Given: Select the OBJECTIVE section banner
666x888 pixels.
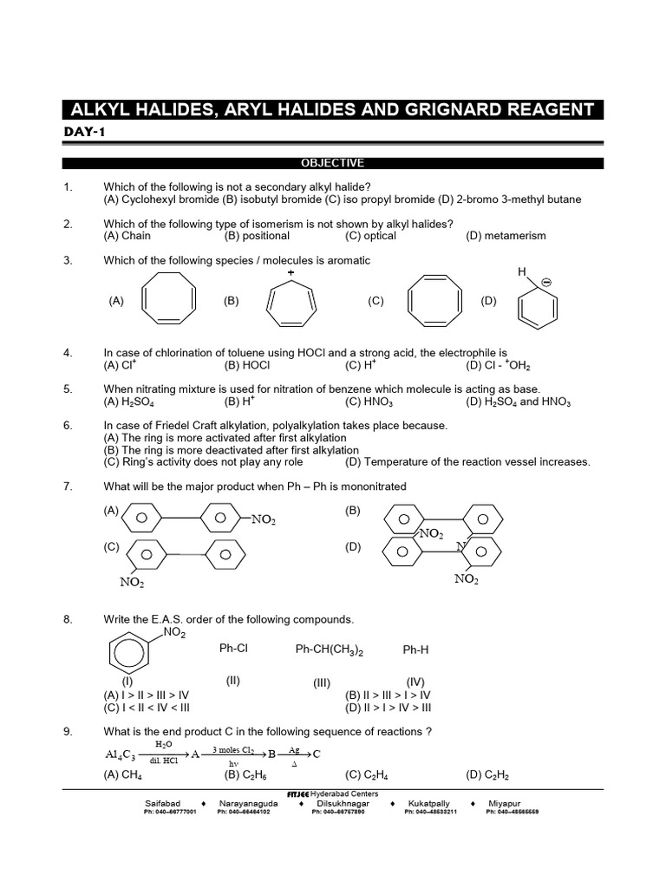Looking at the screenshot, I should (x=332, y=163).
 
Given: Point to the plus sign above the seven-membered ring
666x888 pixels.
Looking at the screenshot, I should (x=291, y=273).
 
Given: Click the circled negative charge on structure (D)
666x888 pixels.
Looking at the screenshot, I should (x=546, y=283).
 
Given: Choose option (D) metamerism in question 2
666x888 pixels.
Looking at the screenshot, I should (x=506, y=236).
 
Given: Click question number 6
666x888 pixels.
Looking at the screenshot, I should (x=68, y=426).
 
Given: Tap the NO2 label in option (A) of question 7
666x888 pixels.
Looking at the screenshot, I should (x=264, y=519).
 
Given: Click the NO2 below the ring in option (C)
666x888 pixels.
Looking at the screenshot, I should (x=132, y=583).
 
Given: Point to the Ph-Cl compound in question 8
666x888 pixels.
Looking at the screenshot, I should (x=233, y=649).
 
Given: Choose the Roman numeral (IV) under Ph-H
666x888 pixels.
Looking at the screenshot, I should (x=415, y=682).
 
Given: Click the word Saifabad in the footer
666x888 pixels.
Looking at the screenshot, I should (x=163, y=804).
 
